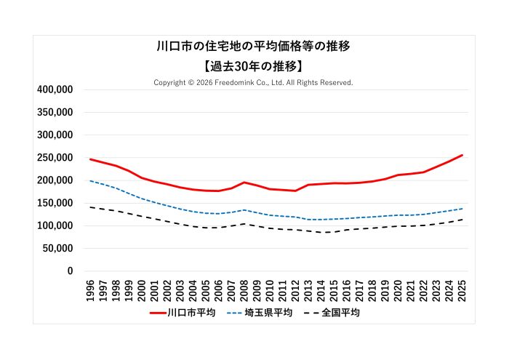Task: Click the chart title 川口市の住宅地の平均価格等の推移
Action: tap(254, 47)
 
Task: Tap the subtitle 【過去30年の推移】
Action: tap(254, 66)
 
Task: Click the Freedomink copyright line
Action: tap(254, 83)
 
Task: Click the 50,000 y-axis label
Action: tap(57, 249)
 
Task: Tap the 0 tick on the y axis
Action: tap(70, 271)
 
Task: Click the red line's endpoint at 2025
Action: tap(462, 155)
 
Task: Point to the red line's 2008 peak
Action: tap(244, 183)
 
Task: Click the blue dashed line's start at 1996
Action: tap(91, 181)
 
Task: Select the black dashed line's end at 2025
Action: tap(462, 220)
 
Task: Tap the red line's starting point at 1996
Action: tap(91, 159)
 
